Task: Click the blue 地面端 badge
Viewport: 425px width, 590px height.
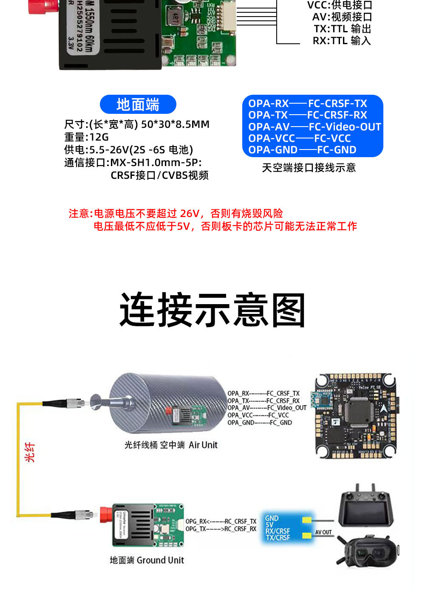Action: tap(138, 104)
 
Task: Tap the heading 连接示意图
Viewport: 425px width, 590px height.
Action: tap(212, 310)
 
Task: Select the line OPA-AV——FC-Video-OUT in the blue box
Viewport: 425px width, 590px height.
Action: tap(314, 127)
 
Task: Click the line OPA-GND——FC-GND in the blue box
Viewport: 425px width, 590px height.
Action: tap(302, 150)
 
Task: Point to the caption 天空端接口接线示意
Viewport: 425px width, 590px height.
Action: tap(309, 168)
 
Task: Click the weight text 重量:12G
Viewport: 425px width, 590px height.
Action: tap(86, 137)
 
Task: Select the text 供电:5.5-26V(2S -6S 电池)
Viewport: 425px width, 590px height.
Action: tap(128, 150)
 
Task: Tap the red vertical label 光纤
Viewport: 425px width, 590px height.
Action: tap(30, 452)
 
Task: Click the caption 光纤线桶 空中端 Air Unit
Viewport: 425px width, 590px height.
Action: tap(171, 445)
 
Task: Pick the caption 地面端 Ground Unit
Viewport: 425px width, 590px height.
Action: tap(147, 560)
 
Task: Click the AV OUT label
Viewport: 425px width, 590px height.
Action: tap(323, 532)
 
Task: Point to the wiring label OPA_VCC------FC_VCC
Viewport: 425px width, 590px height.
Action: tap(258, 415)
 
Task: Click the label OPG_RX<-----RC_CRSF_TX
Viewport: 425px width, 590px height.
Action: tap(221, 521)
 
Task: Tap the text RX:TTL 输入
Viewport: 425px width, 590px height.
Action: tap(342, 41)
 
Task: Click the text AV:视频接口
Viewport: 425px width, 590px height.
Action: tap(342, 17)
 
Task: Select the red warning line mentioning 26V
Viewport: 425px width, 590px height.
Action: tap(176, 213)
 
